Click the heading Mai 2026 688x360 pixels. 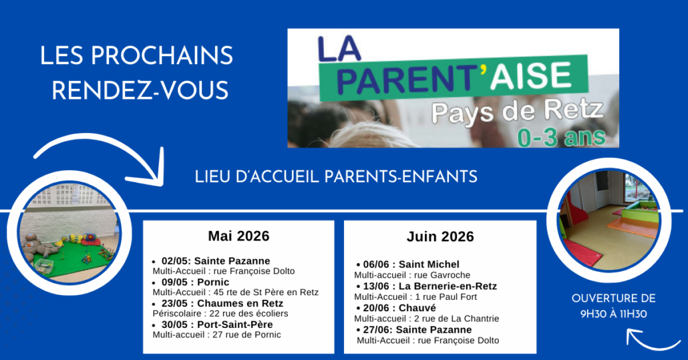click(238, 236)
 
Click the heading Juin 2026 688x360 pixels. click(440, 236)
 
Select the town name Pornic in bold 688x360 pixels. click(213, 282)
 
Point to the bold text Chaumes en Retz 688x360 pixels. click(240, 303)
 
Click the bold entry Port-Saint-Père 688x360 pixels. click(234, 325)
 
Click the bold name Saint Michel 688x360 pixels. click(429, 264)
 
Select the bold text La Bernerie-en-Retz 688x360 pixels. click(448, 286)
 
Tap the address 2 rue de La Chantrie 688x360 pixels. click(457, 319)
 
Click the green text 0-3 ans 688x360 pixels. click(562, 137)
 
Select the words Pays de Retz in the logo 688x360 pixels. click(517, 112)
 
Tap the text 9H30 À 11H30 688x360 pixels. click(613, 314)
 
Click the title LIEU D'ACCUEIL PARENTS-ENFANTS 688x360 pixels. click(336, 177)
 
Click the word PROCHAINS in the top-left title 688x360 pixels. click(162, 55)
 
